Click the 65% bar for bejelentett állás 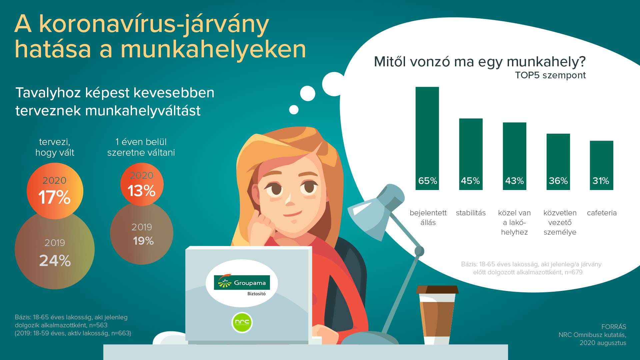pyautogui.click(x=427, y=138)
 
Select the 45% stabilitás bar pyautogui.click(x=471, y=154)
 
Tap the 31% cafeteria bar pyautogui.click(x=601, y=165)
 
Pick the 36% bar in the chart pyautogui.click(x=558, y=162)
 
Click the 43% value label pyautogui.click(x=514, y=181)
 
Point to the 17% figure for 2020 pyautogui.click(x=54, y=197)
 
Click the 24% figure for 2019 pyautogui.click(x=55, y=261)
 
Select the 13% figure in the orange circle pyautogui.click(x=142, y=191)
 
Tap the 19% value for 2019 pyautogui.click(x=143, y=241)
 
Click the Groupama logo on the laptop pyautogui.click(x=242, y=283)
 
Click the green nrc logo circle pyautogui.click(x=242, y=322)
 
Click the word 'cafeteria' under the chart pyautogui.click(x=602, y=213)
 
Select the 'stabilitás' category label pyautogui.click(x=471, y=213)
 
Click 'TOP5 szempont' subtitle pyautogui.click(x=550, y=75)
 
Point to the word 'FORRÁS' pyautogui.click(x=614, y=327)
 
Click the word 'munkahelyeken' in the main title pyautogui.click(x=213, y=49)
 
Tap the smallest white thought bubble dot pyautogui.click(x=294, y=110)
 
